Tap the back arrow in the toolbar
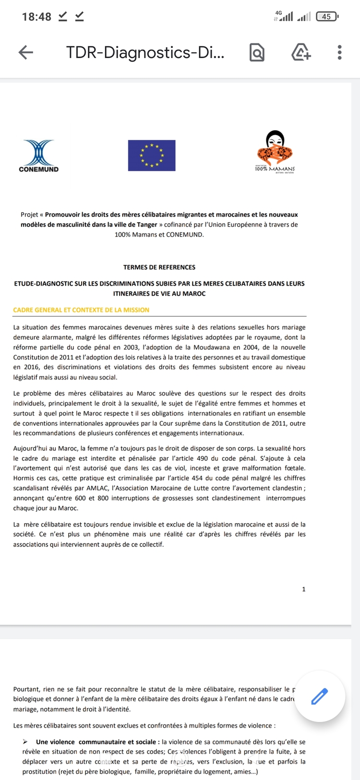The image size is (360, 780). coord(26,52)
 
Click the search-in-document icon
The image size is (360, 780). coord(257,52)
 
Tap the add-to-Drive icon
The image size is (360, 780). coord(301,52)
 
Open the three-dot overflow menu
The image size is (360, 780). coord(339,52)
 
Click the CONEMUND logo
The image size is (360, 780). coord(38,156)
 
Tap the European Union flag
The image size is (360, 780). coord(152,155)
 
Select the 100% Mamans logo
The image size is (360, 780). coord(275,152)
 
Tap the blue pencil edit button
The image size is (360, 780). coord(320,696)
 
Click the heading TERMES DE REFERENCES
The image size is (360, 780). coord(159,267)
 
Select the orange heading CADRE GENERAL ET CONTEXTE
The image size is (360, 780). coord(81,310)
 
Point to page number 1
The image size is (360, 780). coord(303,589)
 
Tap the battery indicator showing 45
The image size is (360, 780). coord(327,17)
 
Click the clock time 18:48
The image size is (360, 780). coord(36,17)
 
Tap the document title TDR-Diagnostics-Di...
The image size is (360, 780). coord(145,52)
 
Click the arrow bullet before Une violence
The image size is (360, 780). coord(25,742)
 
